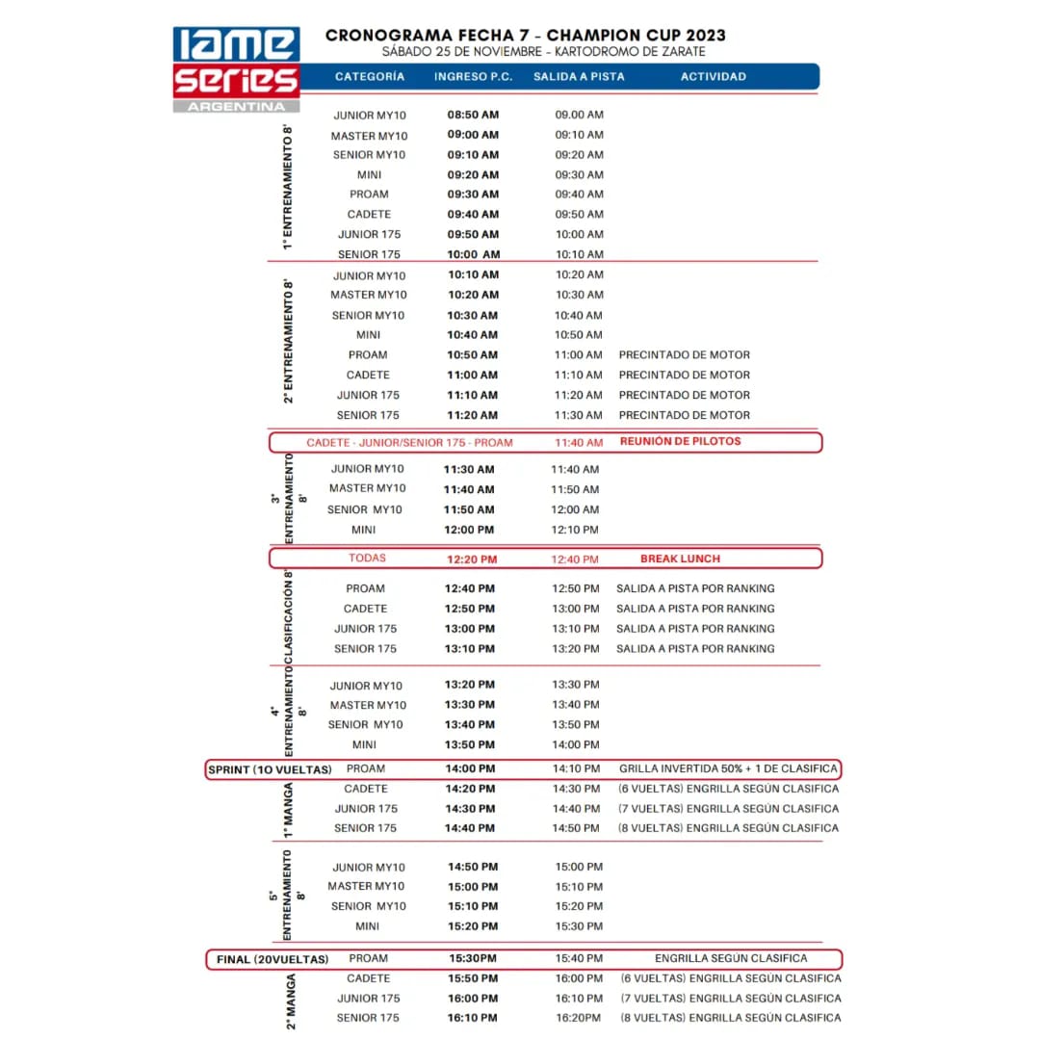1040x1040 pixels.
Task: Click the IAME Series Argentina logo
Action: pyautogui.click(x=236, y=69)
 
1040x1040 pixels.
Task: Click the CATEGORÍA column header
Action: pyautogui.click(x=370, y=77)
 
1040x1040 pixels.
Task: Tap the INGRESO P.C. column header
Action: pyautogui.click(x=473, y=77)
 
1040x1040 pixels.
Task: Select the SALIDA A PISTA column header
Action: pyautogui.click(x=579, y=77)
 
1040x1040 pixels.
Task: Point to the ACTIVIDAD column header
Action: pyautogui.click(x=713, y=77)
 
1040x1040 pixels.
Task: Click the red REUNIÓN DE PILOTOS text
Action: pyautogui.click(x=680, y=442)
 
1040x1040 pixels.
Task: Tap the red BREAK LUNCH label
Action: pyautogui.click(x=680, y=559)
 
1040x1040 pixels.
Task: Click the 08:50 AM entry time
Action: pyautogui.click(x=473, y=115)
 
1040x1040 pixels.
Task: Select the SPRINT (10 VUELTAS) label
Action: pyautogui.click(x=270, y=769)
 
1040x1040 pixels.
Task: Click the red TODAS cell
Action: pyautogui.click(x=367, y=559)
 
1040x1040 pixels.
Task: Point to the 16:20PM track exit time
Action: pyautogui.click(x=579, y=1018)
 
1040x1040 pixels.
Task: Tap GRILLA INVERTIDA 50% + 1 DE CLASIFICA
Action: pyautogui.click(x=728, y=769)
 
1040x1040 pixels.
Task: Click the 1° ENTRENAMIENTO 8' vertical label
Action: pyautogui.click(x=287, y=186)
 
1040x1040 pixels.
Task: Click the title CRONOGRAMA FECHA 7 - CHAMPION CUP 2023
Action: pyautogui.click(x=526, y=36)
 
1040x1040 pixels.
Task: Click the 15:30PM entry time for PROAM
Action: pyautogui.click(x=473, y=959)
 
